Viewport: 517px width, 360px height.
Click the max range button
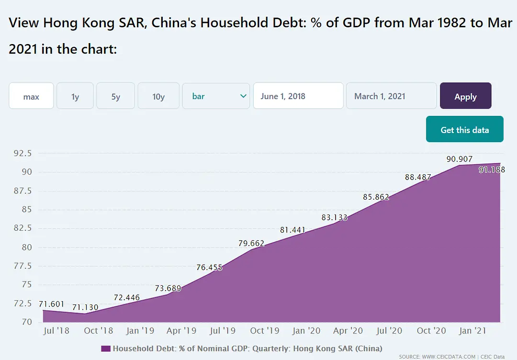tap(31, 96)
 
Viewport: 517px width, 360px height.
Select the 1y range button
tap(75, 96)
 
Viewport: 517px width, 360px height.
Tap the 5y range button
tap(116, 96)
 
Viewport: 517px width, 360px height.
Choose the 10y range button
tap(158, 96)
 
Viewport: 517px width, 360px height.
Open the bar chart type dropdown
tap(216, 96)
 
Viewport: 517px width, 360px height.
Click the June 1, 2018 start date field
tap(298, 96)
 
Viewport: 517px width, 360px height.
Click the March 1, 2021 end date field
tap(391, 96)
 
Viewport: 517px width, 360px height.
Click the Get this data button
tap(464, 129)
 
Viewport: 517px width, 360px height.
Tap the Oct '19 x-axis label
tap(264, 330)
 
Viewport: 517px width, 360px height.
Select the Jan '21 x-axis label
tap(473, 330)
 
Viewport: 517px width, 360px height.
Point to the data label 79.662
tap(251, 243)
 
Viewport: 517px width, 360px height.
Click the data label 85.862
tap(376, 196)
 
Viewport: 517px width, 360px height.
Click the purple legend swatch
tap(106, 349)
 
